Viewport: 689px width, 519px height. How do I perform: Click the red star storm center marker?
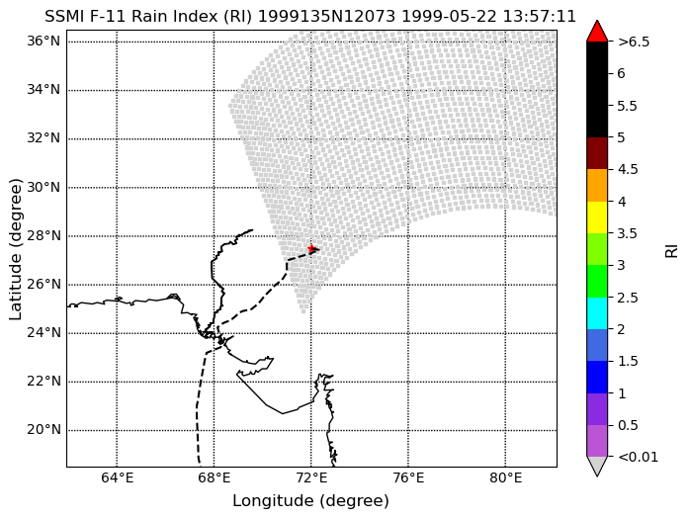(312, 249)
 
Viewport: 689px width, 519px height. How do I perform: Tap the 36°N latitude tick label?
(43, 42)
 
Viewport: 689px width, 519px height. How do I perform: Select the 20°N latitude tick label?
(43, 429)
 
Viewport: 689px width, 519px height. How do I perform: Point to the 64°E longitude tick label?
(117, 477)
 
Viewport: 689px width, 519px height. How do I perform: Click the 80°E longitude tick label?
(506, 477)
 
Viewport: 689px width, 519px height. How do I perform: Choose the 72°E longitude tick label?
(311, 477)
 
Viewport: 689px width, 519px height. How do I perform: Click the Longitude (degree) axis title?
(311, 500)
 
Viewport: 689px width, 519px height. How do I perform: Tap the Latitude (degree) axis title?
(15, 249)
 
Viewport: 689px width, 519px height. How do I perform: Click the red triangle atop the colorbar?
(597, 31)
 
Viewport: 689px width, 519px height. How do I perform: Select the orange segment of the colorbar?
(597, 186)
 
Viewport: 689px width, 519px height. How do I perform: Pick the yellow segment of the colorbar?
(597, 217)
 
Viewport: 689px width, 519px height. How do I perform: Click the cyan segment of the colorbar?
(597, 313)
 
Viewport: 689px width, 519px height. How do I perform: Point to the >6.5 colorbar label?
(634, 42)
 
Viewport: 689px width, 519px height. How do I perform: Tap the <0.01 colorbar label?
(638, 457)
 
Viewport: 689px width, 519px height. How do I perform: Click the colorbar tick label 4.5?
(627, 170)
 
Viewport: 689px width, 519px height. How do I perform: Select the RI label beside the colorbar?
(672, 251)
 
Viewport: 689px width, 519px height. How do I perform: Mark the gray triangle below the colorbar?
(597, 467)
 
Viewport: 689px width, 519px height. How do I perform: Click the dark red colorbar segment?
(597, 153)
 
